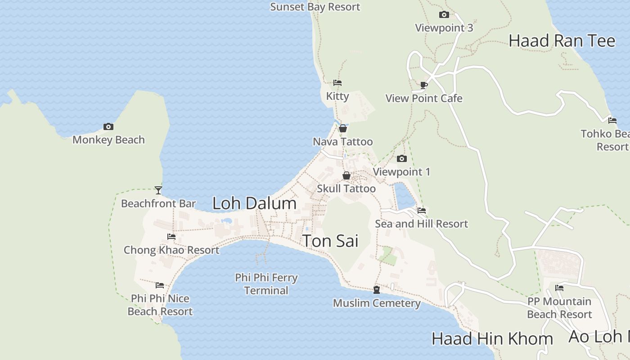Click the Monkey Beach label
[108, 140]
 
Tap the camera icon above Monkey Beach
[108, 127]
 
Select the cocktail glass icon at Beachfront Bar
[158, 190]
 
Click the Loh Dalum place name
[254, 203]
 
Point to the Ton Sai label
[330, 241]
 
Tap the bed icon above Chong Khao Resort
[171, 237]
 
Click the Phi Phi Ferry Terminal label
[266, 284]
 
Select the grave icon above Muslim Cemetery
[377, 290]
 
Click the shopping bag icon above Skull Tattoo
[346, 175]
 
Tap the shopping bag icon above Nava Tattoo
[343, 129]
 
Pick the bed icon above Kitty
[337, 83]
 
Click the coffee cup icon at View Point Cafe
[423, 85]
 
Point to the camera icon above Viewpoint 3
[444, 15]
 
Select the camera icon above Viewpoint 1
[402, 159]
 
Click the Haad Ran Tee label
[562, 41]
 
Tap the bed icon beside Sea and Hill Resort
[422, 210]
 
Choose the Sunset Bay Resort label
[315, 7]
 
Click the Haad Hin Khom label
[492, 339]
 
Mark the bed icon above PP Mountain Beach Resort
[559, 288]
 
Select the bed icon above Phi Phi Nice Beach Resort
[160, 285]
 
